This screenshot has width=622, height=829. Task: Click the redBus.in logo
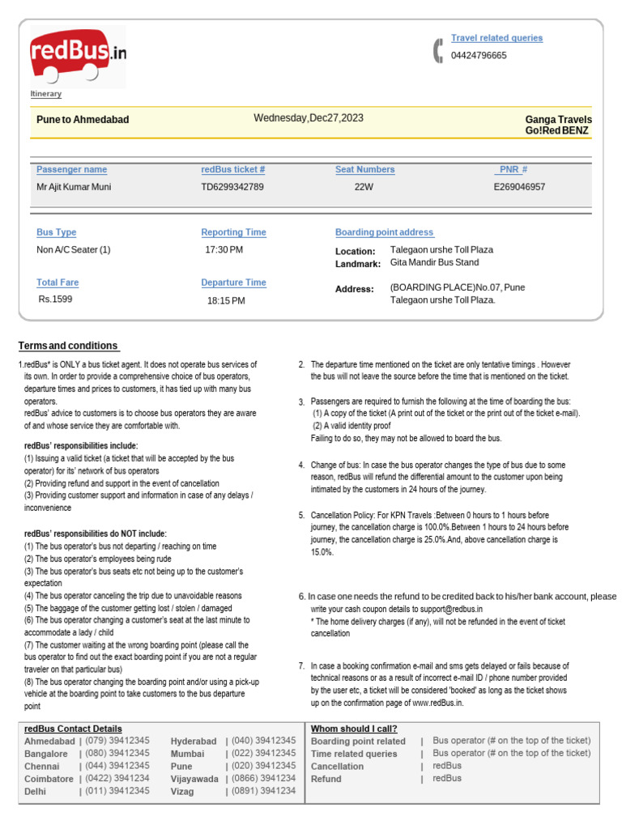click(78, 56)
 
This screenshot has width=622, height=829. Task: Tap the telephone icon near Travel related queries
click(438, 50)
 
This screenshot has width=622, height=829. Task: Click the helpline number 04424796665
click(479, 56)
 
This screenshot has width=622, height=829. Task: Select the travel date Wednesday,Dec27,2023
click(309, 118)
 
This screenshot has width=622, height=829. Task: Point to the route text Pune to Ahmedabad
click(83, 120)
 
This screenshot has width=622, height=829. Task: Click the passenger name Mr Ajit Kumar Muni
click(74, 187)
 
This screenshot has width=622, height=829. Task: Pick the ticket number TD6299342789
click(232, 187)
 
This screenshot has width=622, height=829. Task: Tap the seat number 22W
click(364, 187)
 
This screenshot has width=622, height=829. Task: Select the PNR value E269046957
click(519, 187)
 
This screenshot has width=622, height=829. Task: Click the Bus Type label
click(57, 232)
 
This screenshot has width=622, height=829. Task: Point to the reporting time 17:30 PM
click(224, 250)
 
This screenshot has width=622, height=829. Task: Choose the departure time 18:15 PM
click(226, 300)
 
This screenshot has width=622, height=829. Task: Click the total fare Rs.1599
click(55, 299)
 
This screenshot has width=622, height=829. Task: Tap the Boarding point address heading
click(385, 232)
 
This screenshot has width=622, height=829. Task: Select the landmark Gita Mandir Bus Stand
click(434, 262)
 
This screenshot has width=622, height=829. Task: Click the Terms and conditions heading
click(68, 346)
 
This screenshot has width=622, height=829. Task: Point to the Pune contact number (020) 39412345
click(263, 766)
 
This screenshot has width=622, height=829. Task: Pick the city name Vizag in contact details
click(183, 792)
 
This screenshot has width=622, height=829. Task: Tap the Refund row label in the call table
click(326, 779)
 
